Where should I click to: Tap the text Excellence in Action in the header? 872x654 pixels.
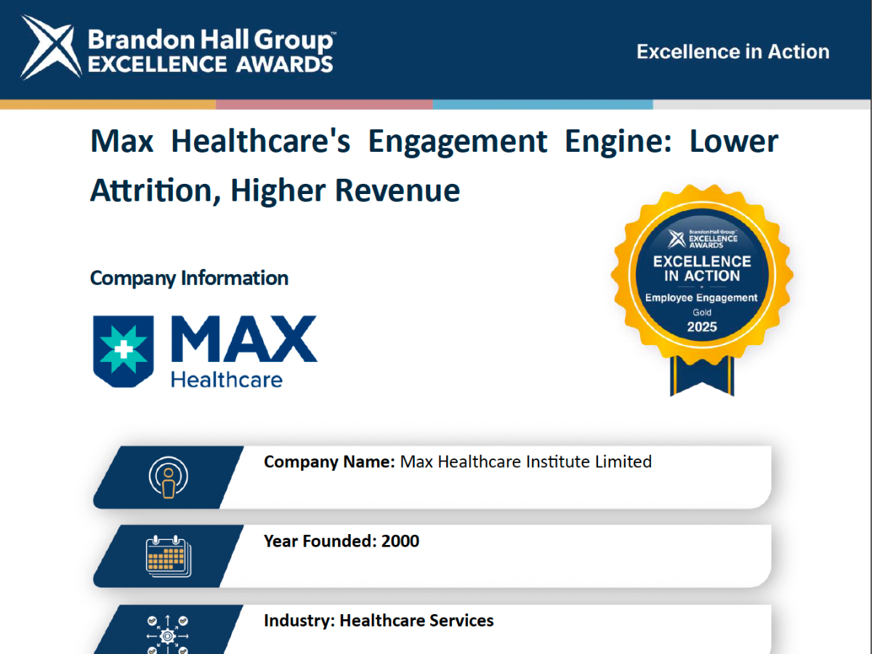coord(733,52)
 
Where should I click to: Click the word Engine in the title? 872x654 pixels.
coord(618,142)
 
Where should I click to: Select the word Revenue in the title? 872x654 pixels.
coord(397,190)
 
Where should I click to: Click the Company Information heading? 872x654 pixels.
coord(189,278)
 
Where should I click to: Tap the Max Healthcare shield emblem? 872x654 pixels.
coord(123,352)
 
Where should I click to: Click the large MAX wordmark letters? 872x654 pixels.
coord(244,339)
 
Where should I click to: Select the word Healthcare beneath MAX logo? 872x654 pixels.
coord(227,379)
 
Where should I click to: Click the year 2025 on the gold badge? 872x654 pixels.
coord(702,327)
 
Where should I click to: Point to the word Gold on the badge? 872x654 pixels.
coord(702,312)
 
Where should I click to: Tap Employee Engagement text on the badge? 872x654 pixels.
coord(701,298)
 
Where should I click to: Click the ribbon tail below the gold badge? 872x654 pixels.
coord(702,375)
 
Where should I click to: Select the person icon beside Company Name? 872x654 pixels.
coord(169,477)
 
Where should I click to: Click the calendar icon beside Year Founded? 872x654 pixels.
coord(169,556)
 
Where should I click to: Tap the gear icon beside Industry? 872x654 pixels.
coord(168,636)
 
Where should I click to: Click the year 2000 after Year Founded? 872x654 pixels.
coord(400,541)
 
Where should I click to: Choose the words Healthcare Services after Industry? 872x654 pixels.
coord(416,621)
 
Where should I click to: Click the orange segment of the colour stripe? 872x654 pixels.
coord(108,105)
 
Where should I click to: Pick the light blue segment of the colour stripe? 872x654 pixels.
coord(543,105)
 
